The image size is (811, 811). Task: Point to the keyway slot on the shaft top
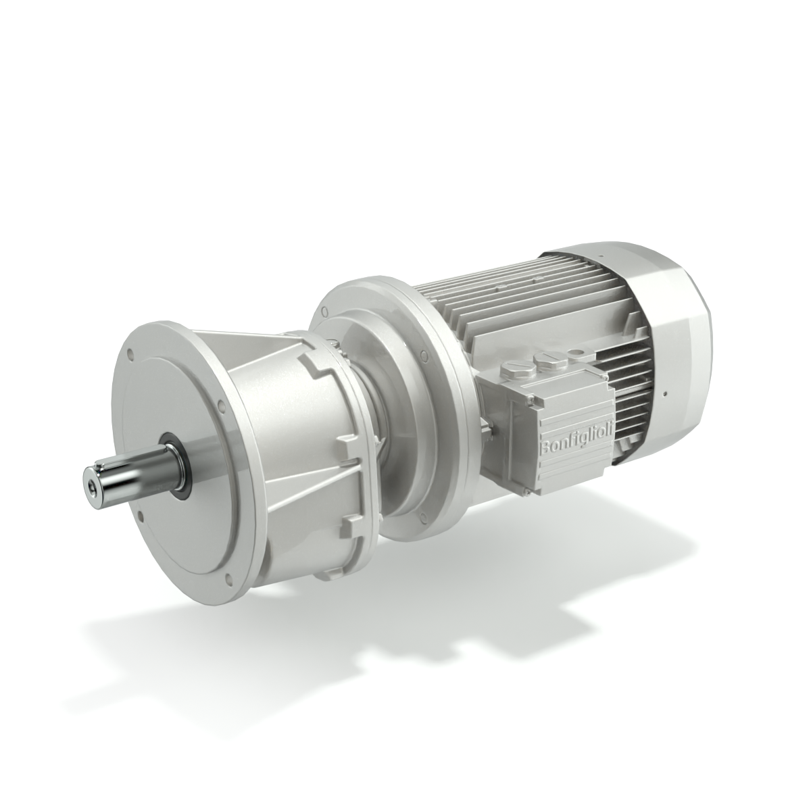[128, 458]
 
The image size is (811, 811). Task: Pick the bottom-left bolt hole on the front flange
[141, 516]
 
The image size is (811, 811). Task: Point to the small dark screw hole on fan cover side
[665, 393]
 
